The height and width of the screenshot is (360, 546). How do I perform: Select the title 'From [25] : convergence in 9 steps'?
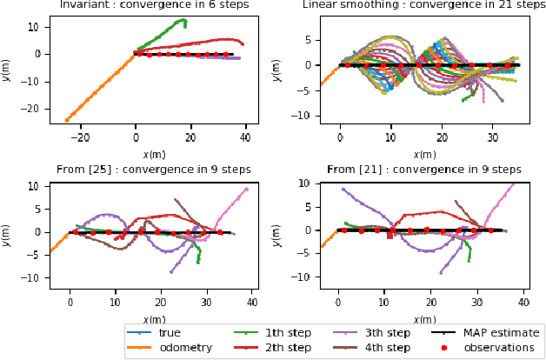point(153,170)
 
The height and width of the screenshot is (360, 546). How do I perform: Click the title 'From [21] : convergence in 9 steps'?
point(423,170)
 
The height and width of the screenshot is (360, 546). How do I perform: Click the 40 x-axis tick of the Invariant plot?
point(245,137)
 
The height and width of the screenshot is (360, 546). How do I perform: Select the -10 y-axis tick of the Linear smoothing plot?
point(302,116)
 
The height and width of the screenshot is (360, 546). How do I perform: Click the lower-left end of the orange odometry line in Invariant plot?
point(66,121)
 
